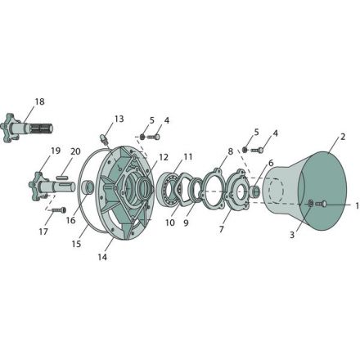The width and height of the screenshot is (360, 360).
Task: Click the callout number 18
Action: coord(39,101)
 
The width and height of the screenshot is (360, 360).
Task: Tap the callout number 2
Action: coord(343,137)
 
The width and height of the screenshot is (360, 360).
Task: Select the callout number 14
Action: coord(102,257)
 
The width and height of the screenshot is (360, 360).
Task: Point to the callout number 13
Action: coord(119,119)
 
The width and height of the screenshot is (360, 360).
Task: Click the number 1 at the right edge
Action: coord(357,206)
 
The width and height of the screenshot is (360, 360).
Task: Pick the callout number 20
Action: coord(75,151)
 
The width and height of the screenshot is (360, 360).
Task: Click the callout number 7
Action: coord(221,229)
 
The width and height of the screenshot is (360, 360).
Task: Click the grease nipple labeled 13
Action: coord(104,138)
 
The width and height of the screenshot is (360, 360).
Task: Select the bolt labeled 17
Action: coord(59,210)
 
